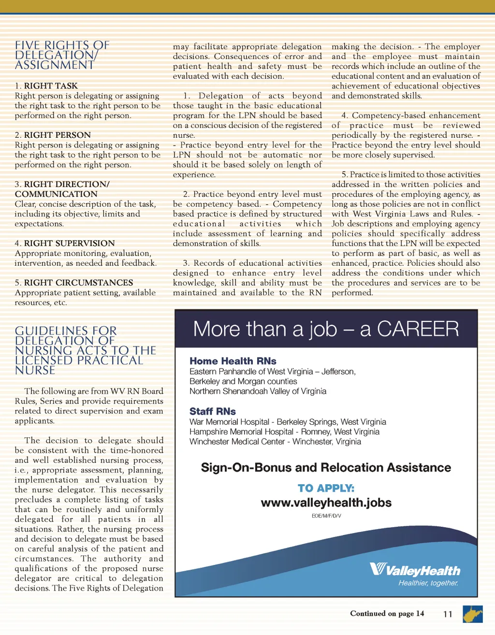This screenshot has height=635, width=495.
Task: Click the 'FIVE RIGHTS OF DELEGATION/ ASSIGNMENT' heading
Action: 62,55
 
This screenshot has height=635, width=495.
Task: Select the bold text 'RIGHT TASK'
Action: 51,86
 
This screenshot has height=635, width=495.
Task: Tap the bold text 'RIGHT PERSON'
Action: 57,135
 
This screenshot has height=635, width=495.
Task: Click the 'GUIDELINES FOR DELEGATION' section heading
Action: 85,350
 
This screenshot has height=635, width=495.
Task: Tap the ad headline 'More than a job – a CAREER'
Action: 326,329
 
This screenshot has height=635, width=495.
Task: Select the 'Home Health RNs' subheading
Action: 233,361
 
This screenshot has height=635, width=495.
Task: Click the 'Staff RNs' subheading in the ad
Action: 213,411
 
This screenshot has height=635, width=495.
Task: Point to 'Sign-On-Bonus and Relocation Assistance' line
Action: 326,468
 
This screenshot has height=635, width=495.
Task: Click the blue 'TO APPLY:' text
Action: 326,488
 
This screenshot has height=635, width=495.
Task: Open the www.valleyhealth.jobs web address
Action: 326,503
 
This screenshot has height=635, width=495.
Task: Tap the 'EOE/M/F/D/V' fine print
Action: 326,516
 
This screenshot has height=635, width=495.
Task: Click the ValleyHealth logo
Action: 415,570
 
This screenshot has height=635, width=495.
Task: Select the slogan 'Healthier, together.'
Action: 428,583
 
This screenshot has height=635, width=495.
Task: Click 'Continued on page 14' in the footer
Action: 387,614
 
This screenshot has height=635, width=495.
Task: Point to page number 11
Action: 448,614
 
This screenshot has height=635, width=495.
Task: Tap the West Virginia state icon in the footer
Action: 472,614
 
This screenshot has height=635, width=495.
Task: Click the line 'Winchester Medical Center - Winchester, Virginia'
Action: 275,442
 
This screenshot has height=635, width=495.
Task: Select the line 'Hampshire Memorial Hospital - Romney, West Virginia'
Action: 284,432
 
